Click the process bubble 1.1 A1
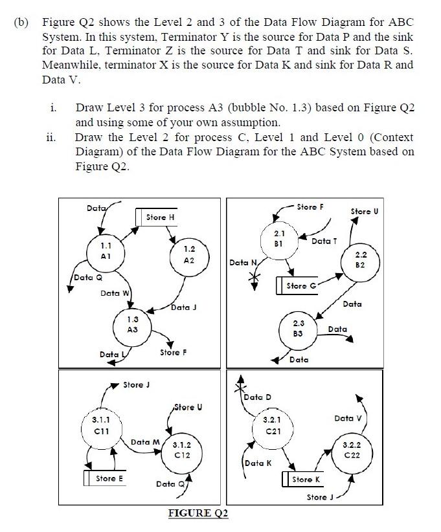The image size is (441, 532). (x=106, y=251)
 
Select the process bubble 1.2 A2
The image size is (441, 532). (x=189, y=254)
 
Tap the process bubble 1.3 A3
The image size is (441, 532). (x=133, y=324)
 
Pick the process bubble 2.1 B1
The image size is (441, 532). (x=279, y=238)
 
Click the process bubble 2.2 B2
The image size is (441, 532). (x=361, y=260)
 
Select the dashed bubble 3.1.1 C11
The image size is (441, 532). (x=102, y=426)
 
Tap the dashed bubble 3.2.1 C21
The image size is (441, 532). (x=271, y=427)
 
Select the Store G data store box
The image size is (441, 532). (x=295, y=286)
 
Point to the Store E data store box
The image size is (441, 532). (x=107, y=479)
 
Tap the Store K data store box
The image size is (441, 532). (x=304, y=480)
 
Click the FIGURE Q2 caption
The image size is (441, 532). (x=198, y=513)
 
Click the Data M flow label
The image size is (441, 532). (x=144, y=442)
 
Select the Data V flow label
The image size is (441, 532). (x=348, y=418)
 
